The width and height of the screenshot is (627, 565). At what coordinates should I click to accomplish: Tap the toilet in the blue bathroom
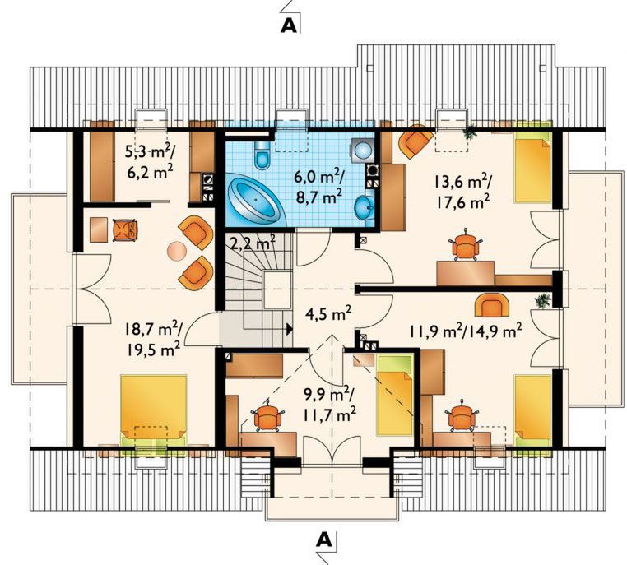(262, 155)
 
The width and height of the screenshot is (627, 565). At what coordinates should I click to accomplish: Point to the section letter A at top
(289, 25)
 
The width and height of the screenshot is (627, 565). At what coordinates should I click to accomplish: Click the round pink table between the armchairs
(177, 252)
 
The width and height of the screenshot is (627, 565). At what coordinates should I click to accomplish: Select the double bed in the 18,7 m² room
(154, 410)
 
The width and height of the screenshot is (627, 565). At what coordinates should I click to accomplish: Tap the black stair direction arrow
(290, 329)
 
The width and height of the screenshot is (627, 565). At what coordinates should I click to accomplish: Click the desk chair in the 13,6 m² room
(465, 246)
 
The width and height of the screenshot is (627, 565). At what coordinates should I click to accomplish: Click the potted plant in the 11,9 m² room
(542, 300)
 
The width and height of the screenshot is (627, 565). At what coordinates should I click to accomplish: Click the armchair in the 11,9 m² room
(489, 304)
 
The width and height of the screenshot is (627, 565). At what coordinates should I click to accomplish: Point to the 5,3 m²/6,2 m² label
(149, 162)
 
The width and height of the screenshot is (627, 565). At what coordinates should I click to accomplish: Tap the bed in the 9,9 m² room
(395, 395)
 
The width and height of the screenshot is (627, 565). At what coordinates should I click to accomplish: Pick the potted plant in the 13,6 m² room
(471, 132)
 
